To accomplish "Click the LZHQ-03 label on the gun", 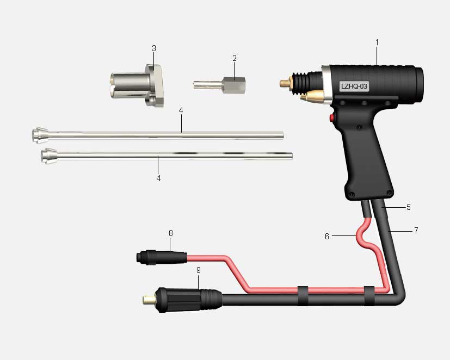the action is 354,86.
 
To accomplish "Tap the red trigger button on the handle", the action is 332,117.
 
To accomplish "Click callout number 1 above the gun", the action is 377,42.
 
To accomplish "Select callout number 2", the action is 235,58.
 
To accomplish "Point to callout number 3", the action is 154,48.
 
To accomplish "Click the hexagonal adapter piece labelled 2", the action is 219,85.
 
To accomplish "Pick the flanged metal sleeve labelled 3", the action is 137,85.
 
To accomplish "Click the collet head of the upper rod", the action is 40,135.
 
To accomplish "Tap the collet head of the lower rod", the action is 48,156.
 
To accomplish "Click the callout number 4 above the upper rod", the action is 181,110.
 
